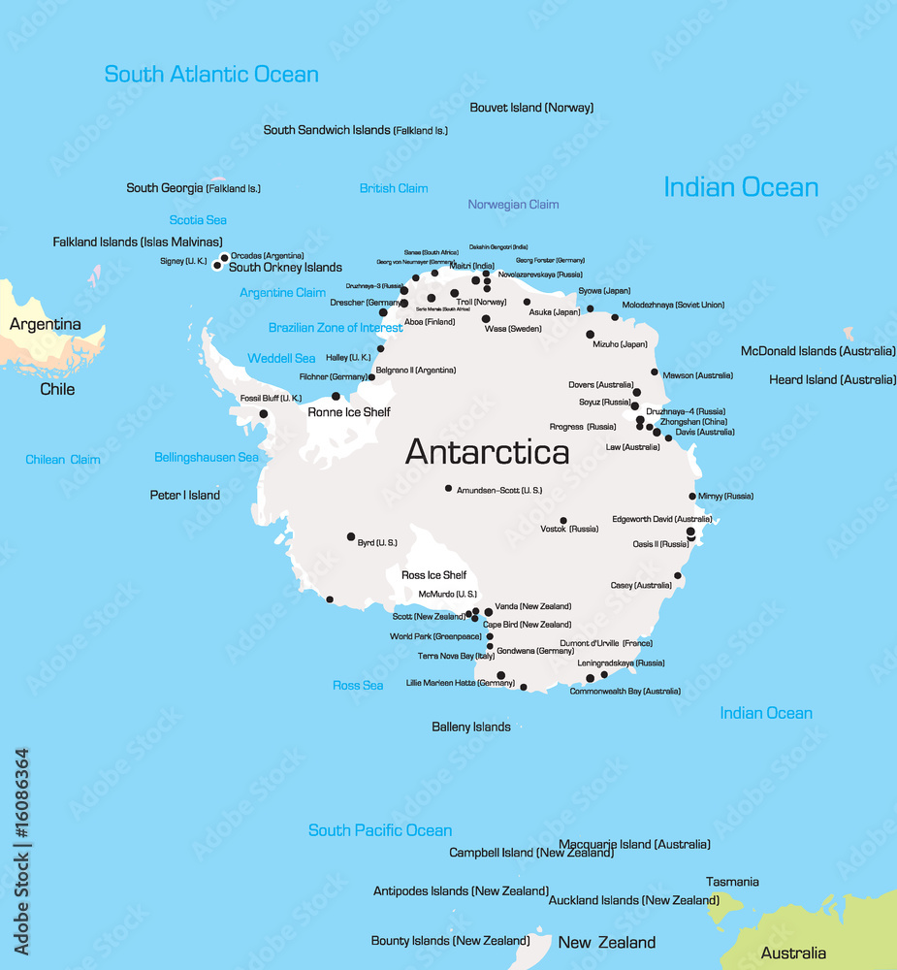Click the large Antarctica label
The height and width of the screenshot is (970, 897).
click(487, 452)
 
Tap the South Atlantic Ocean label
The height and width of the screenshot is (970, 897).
click(211, 74)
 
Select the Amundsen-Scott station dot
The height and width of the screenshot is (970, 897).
click(448, 489)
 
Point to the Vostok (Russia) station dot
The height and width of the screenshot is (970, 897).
click(562, 521)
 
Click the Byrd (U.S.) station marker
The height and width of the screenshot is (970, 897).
click(351, 536)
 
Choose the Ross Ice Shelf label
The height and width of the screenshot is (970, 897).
click(433, 575)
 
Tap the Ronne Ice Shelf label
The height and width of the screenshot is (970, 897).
click(348, 412)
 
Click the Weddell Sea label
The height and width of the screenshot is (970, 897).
click(281, 358)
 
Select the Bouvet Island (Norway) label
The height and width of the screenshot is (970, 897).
click(531, 108)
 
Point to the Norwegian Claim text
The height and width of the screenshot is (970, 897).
click(513, 205)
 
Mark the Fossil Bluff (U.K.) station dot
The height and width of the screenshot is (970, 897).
click(263, 414)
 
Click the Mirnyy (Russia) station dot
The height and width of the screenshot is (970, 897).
click(692, 497)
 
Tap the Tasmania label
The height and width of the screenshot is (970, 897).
click(732, 882)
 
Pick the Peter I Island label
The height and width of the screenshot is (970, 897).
click(184, 495)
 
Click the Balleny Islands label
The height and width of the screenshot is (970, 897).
click(471, 727)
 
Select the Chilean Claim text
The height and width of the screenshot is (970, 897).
click(63, 460)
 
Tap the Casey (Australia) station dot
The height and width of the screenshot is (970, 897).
click(678, 576)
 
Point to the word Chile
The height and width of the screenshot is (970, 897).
click(57, 389)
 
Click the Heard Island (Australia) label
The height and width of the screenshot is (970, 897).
click(832, 379)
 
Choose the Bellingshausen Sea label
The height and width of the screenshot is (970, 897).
click(207, 457)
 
